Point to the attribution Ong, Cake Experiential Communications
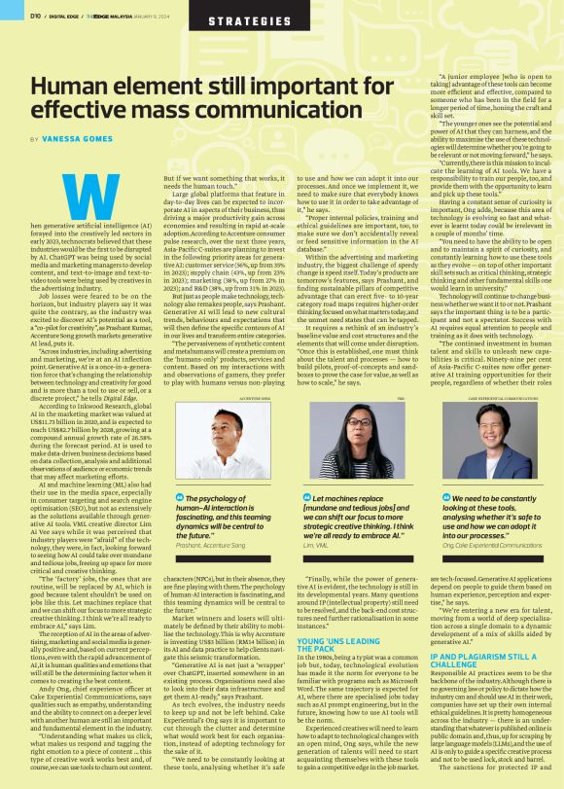click(486, 546)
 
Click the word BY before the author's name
click(36, 140)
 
